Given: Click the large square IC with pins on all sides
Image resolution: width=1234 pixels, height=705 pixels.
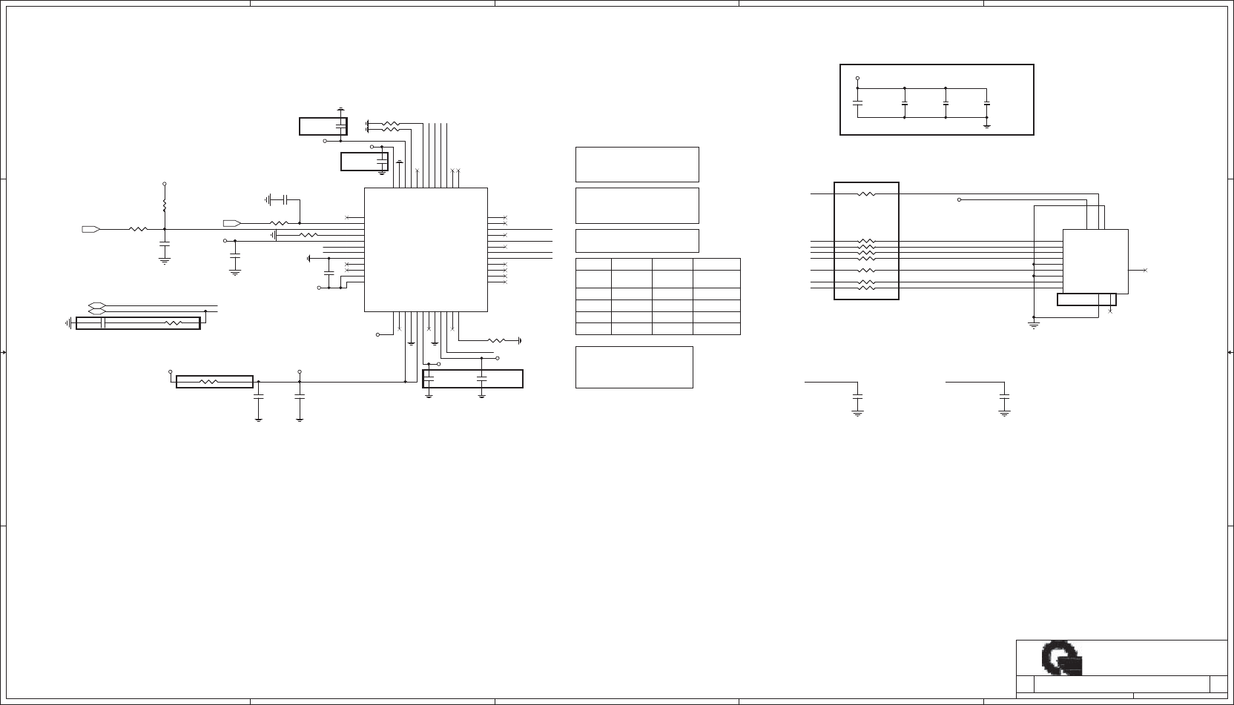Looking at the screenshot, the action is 426,249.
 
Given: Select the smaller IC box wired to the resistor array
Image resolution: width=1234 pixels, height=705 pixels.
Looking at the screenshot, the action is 1095,261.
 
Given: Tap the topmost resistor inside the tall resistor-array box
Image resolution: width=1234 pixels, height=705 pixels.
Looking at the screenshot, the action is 866,194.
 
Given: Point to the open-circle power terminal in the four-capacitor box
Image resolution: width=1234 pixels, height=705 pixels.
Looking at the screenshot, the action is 857,78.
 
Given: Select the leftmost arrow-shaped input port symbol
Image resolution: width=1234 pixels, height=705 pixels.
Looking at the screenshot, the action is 90,230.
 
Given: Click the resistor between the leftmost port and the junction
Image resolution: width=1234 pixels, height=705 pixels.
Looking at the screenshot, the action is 138,230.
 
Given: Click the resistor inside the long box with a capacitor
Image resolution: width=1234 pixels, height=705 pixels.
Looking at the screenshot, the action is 174,323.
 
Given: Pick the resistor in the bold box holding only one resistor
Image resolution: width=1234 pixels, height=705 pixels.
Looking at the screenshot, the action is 209,382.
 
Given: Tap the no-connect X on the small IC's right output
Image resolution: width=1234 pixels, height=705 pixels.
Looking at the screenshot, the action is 1145,271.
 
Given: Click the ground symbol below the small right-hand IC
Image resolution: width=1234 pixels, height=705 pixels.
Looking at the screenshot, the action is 1034,324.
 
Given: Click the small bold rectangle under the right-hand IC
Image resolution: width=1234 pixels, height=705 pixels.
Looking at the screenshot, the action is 1086,299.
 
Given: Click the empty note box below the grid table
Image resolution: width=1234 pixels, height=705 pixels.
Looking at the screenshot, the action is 634,367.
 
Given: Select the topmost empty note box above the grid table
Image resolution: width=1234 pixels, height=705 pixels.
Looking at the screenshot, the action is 637,164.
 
